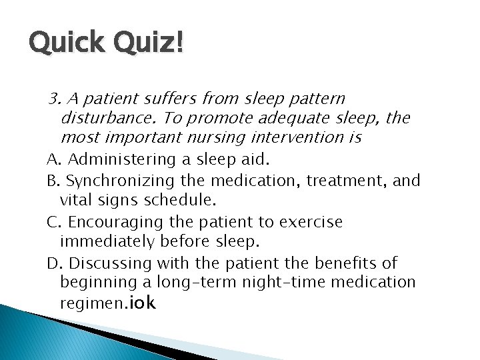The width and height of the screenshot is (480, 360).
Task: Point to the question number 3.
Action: coord(54,99)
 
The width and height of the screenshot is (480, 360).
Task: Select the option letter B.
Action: coord(51,180)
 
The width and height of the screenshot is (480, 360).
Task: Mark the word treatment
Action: coord(340,180)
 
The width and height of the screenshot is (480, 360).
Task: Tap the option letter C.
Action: coord(51,221)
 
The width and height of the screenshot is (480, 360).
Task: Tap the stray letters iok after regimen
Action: coord(143,303)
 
